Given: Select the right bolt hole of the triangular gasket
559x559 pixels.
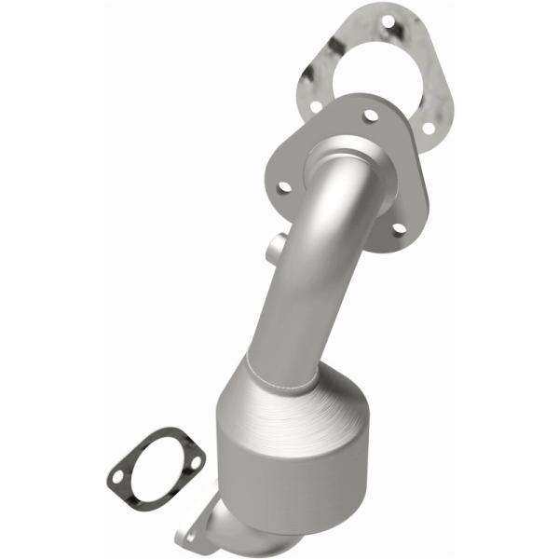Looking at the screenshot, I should click(x=429, y=127).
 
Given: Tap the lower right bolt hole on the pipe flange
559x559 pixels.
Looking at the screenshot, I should click(x=400, y=226).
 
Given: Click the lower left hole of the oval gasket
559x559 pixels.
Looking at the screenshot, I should click(x=117, y=478).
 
